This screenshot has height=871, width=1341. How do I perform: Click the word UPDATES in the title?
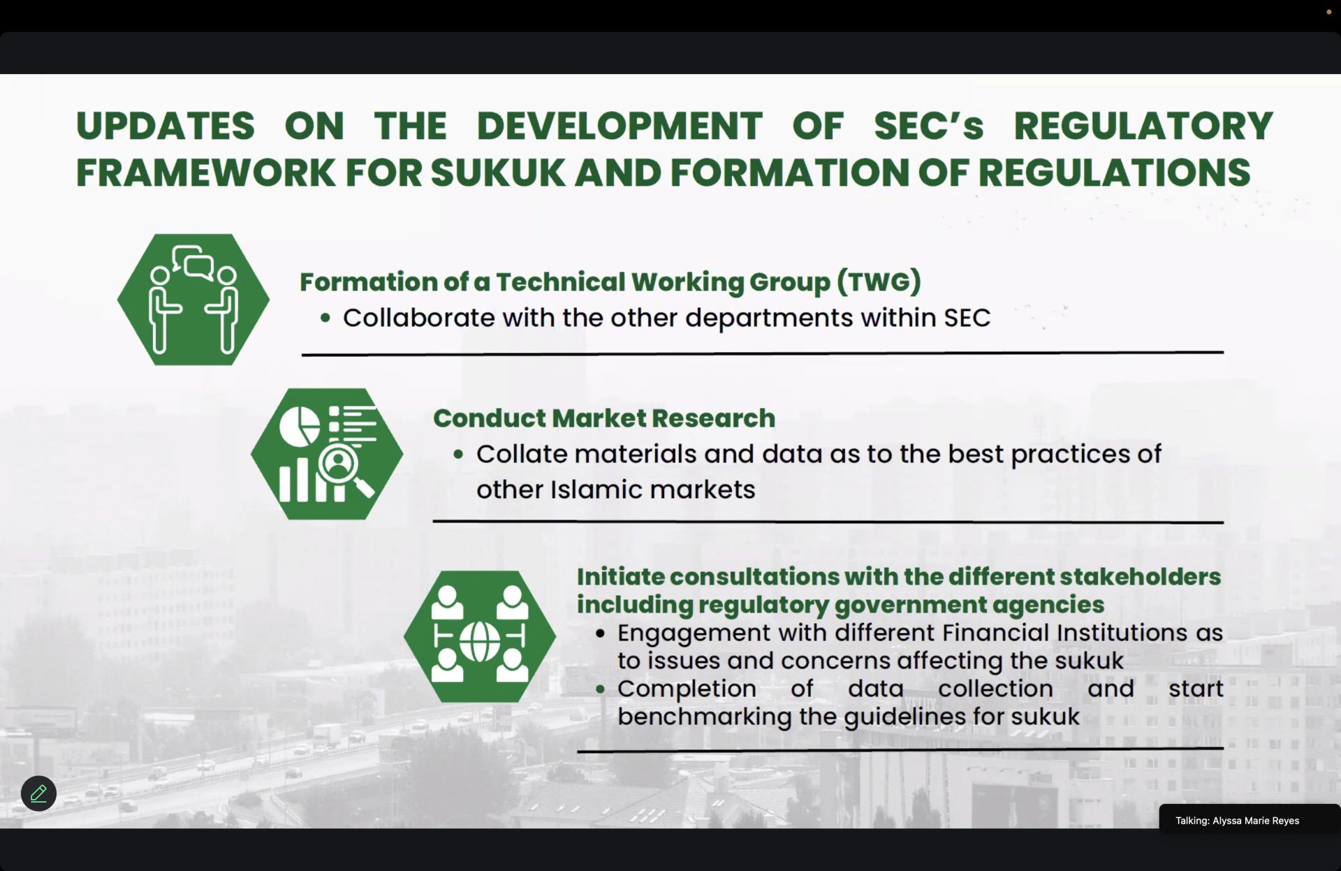click(165, 126)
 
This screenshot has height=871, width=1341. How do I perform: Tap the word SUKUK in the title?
click(497, 173)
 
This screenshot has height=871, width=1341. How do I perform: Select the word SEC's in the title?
click(929, 126)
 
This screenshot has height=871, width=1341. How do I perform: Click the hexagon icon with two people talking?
click(193, 299)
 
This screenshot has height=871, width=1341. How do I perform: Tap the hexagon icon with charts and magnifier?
click(327, 454)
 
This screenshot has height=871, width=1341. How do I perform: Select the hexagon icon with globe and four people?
click(480, 636)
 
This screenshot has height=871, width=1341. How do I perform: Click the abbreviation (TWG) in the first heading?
click(879, 281)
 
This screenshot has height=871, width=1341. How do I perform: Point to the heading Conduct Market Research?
click(604, 418)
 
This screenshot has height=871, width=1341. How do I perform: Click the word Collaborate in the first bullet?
click(419, 318)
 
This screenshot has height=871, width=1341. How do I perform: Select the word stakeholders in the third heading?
click(1141, 576)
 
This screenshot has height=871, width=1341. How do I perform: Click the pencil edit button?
click(38, 793)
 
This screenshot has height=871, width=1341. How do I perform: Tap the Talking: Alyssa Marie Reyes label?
click(1237, 821)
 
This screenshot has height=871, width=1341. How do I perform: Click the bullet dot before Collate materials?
click(458, 455)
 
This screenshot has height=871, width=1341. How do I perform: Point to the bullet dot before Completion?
click(600, 689)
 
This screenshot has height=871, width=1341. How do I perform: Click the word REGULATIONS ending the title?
click(1114, 173)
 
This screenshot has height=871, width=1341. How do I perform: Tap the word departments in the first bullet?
click(769, 319)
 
